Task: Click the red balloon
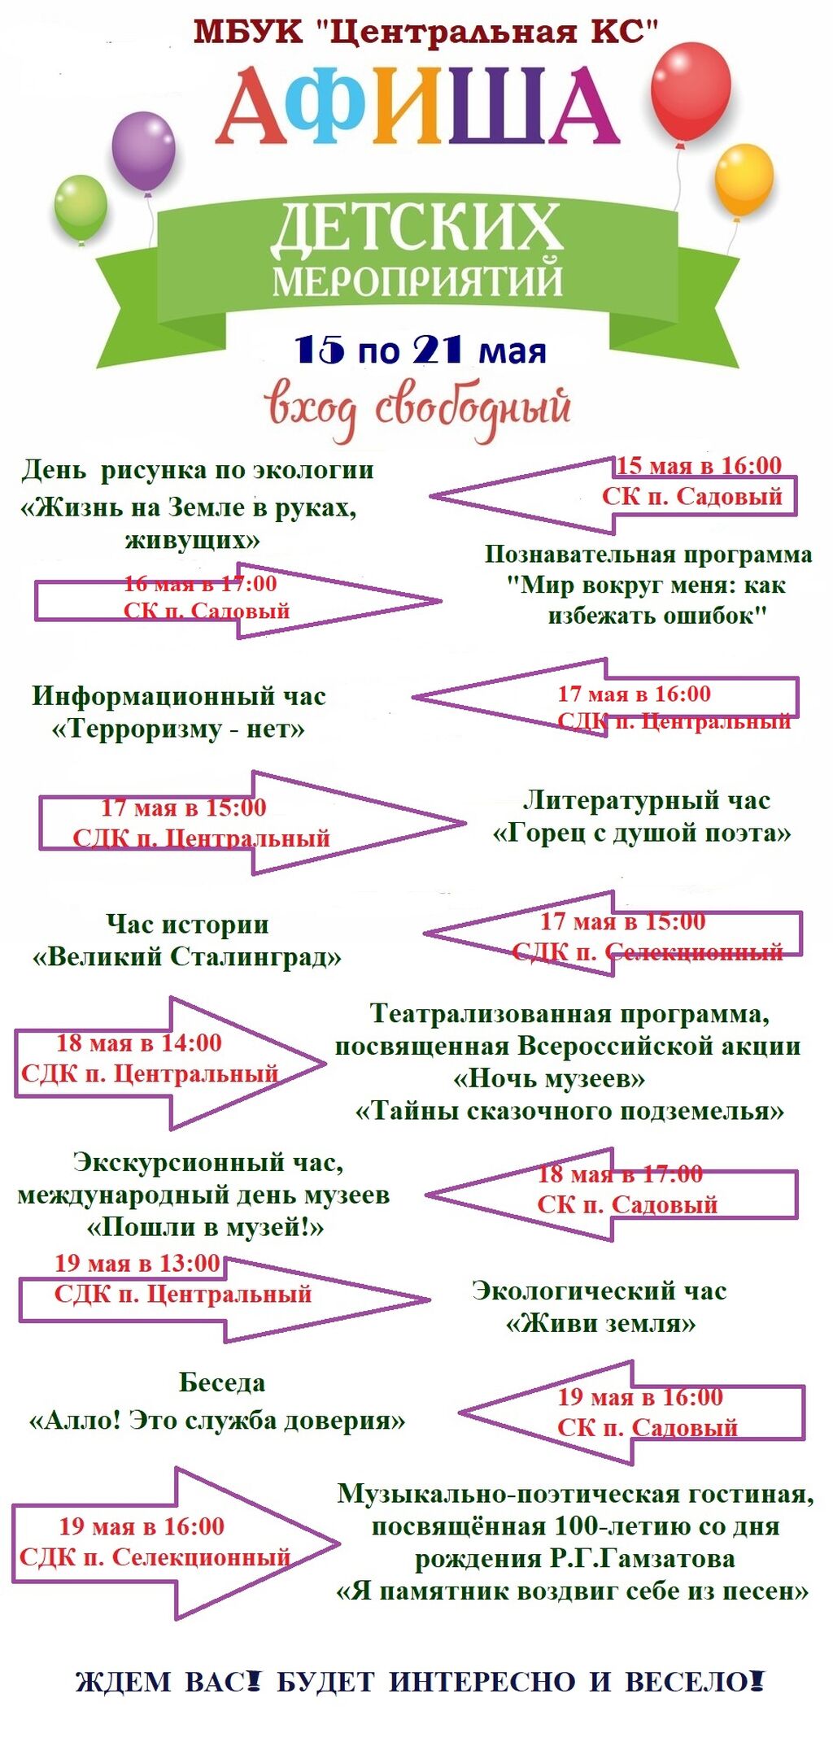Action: (691, 91)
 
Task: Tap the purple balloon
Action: (143, 151)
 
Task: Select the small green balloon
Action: (81, 207)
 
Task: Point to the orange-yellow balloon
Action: (744, 180)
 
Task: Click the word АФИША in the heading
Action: (417, 106)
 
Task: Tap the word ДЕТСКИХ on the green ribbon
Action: (416, 228)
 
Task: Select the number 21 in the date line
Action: (438, 350)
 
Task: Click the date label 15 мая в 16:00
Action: (698, 466)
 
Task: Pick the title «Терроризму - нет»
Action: (178, 728)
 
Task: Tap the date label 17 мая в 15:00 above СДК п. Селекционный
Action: (622, 921)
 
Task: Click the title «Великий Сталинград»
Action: (186, 956)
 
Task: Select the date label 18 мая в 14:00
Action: (139, 1043)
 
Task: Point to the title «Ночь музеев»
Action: (549, 1078)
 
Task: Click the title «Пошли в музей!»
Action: (205, 1226)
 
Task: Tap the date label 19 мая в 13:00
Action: (137, 1263)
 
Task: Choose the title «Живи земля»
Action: (600, 1324)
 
